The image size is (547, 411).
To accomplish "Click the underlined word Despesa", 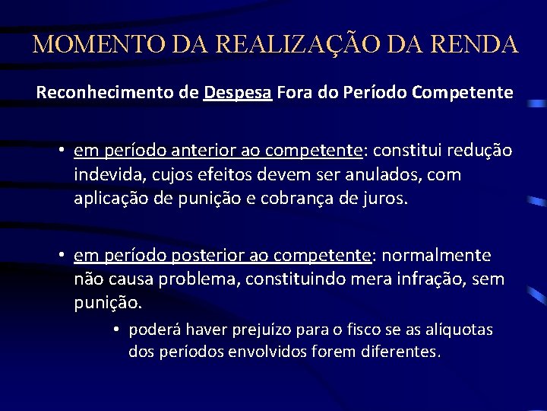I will tap(238, 94).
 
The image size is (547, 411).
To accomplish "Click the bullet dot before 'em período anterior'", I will tap(58, 151).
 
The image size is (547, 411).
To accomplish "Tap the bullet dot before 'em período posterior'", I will tap(58, 255).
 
